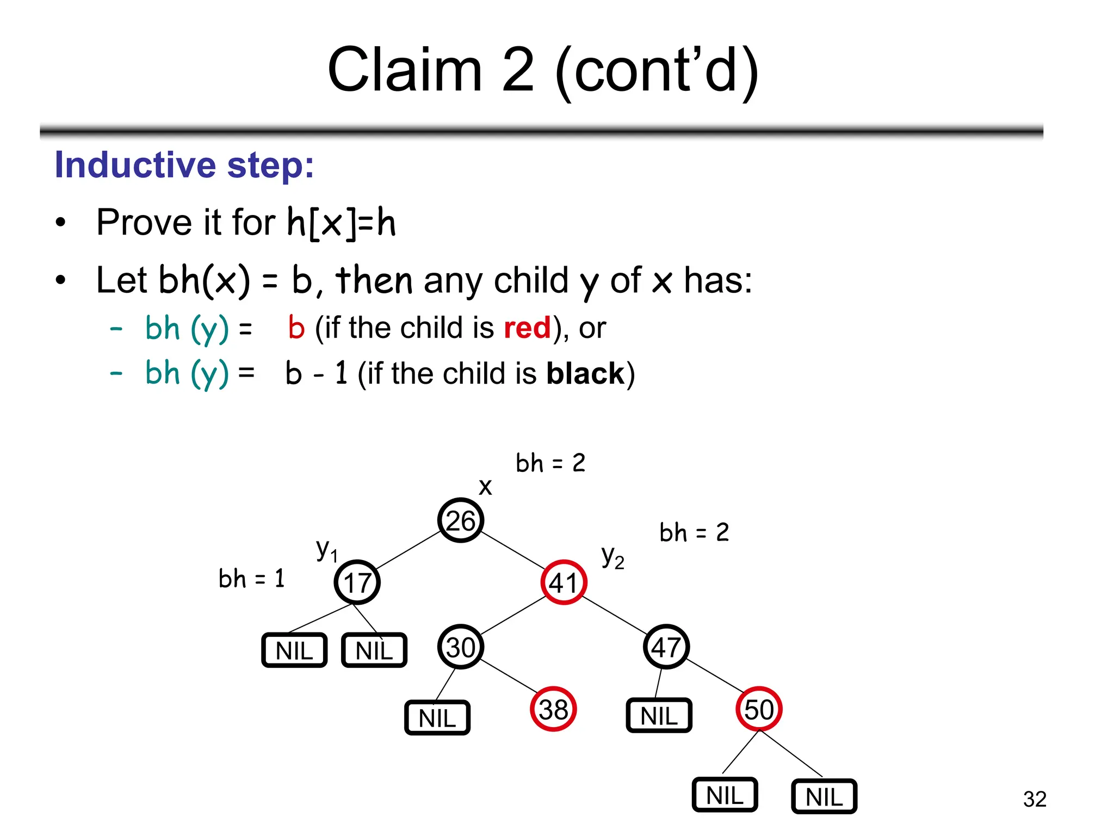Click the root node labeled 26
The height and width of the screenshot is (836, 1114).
pyautogui.click(x=461, y=520)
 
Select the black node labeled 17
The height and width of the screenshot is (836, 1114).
pyautogui.click(x=357, y=582)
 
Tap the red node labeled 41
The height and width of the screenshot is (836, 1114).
pyautogui.click(x=564, y=582)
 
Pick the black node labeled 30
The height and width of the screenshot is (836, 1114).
pyautogui.click(x=461, y=647)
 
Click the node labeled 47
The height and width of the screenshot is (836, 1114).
pyautogui.click(x=666, y=647)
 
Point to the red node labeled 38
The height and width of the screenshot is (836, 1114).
pyautogui.click(x=553, y=709)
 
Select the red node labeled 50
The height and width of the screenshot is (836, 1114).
pyautogui.click(x=759, y=709)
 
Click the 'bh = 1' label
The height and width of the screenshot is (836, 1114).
pyautogui.click(x=251, y=579)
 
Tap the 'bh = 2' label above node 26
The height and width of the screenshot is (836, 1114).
pyautogui.click(x=550, y=463)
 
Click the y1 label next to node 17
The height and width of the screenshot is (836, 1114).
pyautogui.click(x=326, y=550)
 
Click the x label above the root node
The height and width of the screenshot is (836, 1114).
pyautogui.click(x=485, y=487)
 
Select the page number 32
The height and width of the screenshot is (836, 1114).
pyautogui.click(x=1034, y=799)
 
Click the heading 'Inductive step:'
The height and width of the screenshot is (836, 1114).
pyautogui.click(x=184, y=165)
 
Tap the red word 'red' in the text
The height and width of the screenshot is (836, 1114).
pyautogui.click(x=527, y=328)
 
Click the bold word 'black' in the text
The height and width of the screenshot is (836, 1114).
pyautogui.click(x=585, y=373)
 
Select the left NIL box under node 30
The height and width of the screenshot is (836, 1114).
pyautogui.click(x=437, y=718)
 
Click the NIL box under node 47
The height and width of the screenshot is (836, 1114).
pyautogui.click(x=659, y=716)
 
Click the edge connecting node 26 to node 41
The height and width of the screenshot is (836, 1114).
pyautogui.click(x=512, y=551)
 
